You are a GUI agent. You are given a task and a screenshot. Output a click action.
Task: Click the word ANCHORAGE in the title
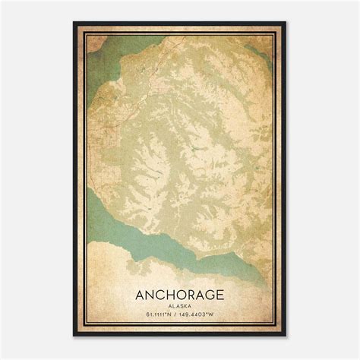tap(180, 292)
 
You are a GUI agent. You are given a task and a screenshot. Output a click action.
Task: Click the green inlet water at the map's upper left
tap(103, 72)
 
